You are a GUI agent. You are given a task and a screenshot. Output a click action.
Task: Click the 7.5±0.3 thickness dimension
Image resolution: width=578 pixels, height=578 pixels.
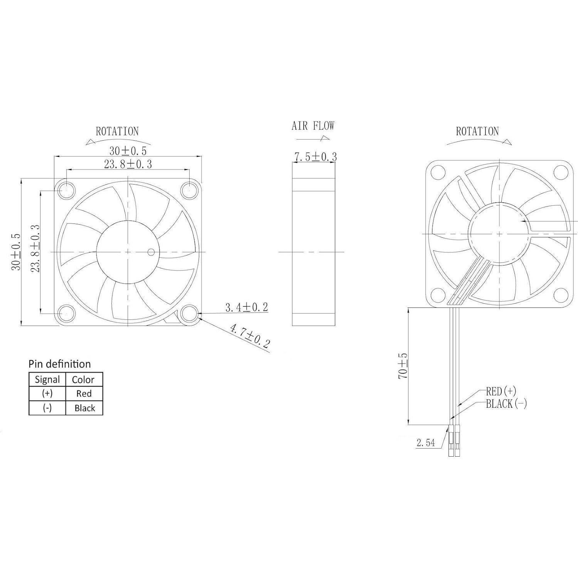[315, 157]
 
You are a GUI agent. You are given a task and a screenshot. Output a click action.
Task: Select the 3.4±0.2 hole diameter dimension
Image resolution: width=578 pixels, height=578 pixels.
[247, 307]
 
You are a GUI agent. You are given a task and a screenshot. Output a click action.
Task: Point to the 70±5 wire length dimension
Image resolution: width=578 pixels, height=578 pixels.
[403, 365]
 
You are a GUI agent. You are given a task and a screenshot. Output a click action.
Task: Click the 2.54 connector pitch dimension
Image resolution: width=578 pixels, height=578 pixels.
[425, 443]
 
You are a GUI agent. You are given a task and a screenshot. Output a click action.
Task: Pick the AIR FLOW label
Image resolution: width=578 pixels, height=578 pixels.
[313, 126]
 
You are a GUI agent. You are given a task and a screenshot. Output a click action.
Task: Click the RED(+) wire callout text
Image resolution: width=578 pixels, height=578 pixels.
[501, 391]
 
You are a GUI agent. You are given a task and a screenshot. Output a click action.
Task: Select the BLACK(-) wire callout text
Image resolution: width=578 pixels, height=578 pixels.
[506, 404]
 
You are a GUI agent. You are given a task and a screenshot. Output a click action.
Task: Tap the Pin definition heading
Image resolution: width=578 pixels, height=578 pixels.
[60, 364]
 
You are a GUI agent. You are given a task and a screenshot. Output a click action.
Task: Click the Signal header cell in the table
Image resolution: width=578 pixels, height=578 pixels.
[47, 380]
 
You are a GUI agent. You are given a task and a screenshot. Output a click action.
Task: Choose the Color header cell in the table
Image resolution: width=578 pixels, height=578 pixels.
[83, 380]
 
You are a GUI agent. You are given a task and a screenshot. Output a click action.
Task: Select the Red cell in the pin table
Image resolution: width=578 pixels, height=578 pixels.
[84, 394]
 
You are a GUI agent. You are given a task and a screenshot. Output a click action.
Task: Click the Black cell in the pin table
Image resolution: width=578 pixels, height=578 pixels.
[84, 408]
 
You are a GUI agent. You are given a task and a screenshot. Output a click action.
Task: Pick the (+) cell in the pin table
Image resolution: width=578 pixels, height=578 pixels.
[47, 394]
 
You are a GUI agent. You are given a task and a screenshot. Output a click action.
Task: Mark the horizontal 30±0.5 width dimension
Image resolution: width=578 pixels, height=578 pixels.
[128, 151]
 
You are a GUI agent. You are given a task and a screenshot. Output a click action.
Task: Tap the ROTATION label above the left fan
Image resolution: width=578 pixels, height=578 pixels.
[117, 131]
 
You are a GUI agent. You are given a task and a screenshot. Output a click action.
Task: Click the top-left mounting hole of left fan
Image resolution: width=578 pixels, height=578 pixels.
[66, 190]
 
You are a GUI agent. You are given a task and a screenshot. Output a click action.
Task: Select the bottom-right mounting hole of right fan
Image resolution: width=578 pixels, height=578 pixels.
[561, 296]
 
